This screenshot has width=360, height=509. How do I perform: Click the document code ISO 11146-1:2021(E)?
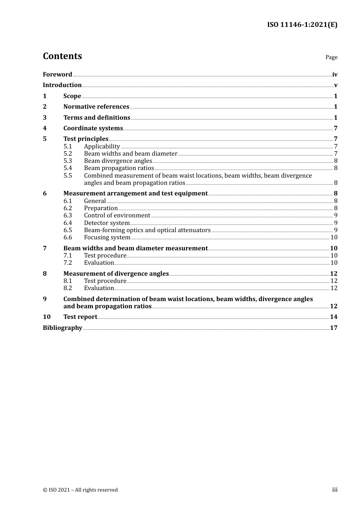click(x=302, y=25)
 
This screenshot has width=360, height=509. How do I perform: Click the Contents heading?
click(x=62, y=56)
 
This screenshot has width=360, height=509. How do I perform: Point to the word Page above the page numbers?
click(x=331, y=57)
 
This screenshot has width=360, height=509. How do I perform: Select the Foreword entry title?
click(x=57, y=75)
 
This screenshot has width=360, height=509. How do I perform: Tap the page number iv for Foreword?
click(x=335, y=75)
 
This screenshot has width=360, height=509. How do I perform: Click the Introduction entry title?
click(x=62, y=85)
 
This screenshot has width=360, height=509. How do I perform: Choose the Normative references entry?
click(x=96, y=107)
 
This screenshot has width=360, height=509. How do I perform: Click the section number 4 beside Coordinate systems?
click(x=45, y=128)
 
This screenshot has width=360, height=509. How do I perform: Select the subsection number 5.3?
click(x=67, y=161)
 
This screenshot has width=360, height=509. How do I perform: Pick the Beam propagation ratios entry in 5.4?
click(x=119, y=168)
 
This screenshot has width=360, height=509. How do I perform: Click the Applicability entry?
click(x=102, y=147)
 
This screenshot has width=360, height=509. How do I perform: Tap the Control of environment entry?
click(x=117, y=215)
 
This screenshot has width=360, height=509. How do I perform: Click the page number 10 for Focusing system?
click(x=334, y=237)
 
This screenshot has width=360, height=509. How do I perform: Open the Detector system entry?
click(x=107, y=223)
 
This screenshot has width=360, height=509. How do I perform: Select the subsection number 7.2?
click(x=67, y=263)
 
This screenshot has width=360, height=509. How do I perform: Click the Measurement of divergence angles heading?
click(x=116, y=274)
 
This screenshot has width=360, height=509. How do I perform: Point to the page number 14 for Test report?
click(x=333, y=317)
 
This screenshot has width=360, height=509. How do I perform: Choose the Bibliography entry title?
click(x=63, y=328)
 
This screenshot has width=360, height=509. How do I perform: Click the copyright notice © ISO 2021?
click(x=80, y=490)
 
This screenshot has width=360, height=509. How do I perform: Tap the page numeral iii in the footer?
click(x=335, y=490)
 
